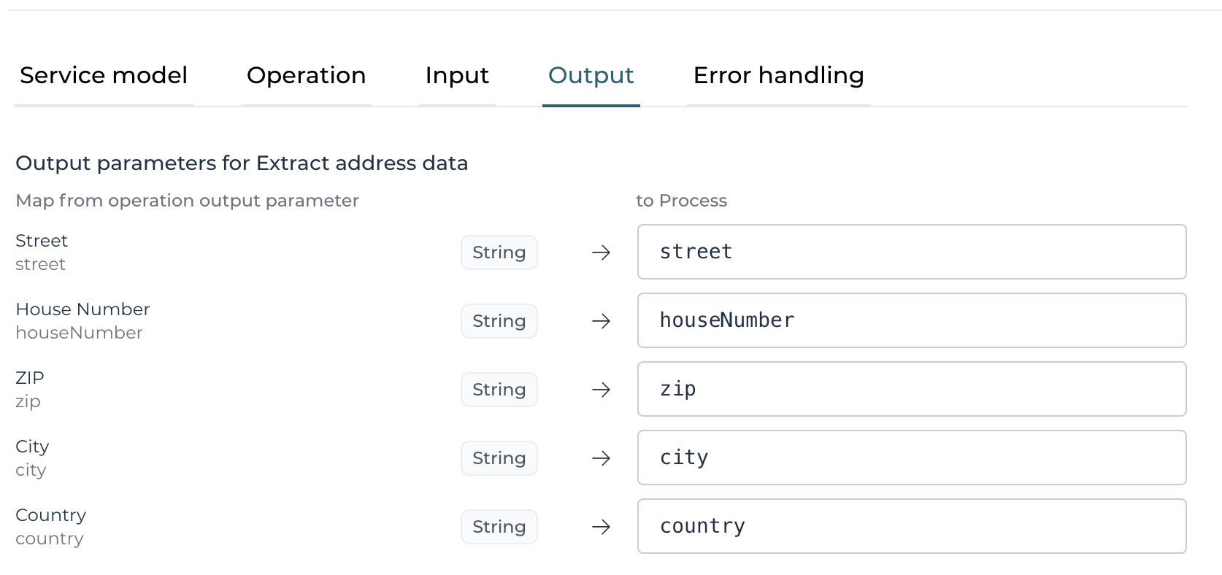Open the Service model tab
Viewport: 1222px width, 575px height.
[x=104, y=75]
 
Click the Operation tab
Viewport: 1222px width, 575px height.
[x=306, y=75]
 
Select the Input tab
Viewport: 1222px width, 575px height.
[x=457, y=75]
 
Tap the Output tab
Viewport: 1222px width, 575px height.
[x=591, y=75]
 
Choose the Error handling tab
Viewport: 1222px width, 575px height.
[x=778, y=75]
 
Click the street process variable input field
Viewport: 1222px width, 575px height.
[x=912, y=252]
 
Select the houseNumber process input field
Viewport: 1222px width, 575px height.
[x=912, y=320]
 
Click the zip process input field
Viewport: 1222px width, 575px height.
[x=912, y=389]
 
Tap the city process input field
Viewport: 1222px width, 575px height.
[x=912, y=458]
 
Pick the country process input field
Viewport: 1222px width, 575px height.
[x=912, y=526]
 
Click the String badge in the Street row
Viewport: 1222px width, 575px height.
[x=499, y=252]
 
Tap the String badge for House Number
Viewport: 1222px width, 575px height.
[x=499, y=321]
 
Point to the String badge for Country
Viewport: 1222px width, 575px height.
[x=499, y=526]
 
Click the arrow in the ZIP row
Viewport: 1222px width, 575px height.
[x=602, y=390]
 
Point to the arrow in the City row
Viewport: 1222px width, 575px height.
[x=602, y=458]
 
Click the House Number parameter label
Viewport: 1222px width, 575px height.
[x=82, y=309]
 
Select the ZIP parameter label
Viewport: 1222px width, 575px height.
[x=30, y=377]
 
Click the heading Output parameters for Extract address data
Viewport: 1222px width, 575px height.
[x=242, y=163]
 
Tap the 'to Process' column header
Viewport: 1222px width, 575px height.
[x=681, y=201]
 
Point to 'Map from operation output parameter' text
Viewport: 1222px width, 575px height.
[x=187, y=201]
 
